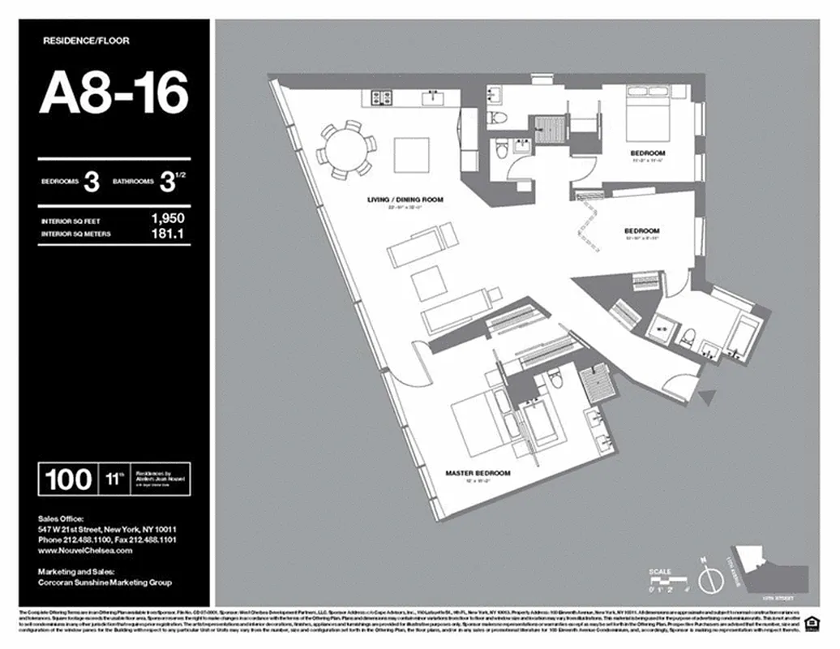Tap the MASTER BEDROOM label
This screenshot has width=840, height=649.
click(478, 472)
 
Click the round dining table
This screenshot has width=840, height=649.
click(346, 148)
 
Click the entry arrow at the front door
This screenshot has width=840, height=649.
click(709, 397)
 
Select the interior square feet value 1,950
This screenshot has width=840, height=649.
click(167, 218)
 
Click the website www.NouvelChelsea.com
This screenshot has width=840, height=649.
click(85, 550)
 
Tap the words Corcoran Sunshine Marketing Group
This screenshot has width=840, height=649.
click(105, 582)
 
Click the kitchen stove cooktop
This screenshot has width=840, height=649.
click(379, 98)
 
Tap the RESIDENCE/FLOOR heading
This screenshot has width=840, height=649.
click(85, 40)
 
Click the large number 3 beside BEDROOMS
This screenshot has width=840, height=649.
click(92, 183)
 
